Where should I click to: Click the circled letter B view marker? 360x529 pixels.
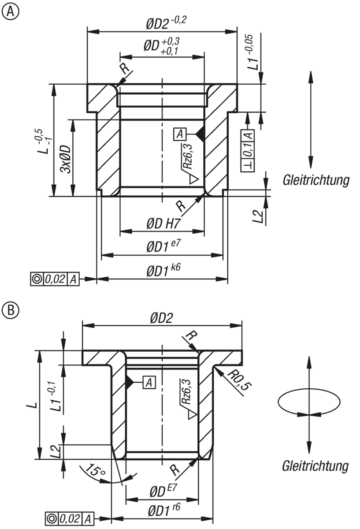click(x=11, y=309)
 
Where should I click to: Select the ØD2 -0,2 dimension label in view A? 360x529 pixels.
click(x=166, y=23)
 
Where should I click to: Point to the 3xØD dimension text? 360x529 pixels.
click(x=66, y=159)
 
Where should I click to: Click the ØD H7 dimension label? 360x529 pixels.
click(x=163, y=224)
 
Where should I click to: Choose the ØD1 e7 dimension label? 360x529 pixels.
click(x=163, y=246)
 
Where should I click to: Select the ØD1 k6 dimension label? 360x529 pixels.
click(x=163, y=270)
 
